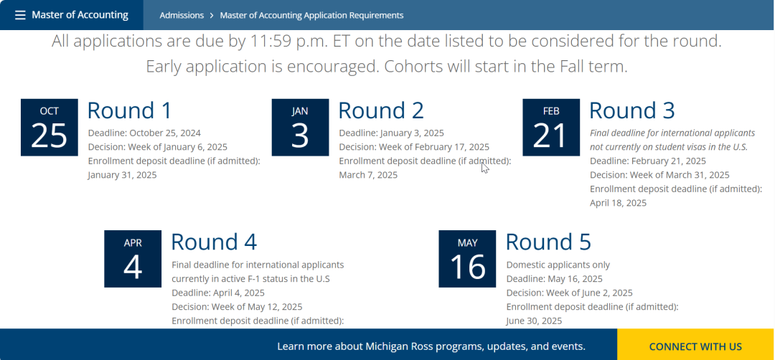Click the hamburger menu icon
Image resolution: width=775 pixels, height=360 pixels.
(x=20, y=15)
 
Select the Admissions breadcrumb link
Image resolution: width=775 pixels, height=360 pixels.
(x=182, y=15)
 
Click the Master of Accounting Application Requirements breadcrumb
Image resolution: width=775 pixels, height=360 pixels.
(x=311, y=15)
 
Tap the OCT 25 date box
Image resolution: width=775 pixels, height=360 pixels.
(x=50, y=128)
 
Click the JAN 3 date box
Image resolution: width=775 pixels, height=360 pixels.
(x=300, y=128)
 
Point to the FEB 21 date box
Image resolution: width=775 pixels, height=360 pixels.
(x=551, y=128)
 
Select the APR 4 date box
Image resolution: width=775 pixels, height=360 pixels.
(x=133, y=259)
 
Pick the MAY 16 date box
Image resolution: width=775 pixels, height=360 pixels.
(x=467, y=259)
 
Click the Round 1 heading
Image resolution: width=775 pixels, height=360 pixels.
(x=129, y=110)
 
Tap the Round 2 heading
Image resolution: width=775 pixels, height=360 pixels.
(x=381, y=110)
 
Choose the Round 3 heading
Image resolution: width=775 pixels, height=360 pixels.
(x=632, y=110)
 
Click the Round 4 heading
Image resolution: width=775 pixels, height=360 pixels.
(x=214, y=242)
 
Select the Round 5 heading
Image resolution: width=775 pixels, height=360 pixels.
(x=549, y=242)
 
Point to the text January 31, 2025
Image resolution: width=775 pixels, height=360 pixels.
(x=122, y=175)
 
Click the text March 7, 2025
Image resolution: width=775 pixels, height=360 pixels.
(x=368, y=175)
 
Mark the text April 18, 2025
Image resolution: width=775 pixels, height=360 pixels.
(x=619, y=203)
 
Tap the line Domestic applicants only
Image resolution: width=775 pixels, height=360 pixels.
(x=558, y=265)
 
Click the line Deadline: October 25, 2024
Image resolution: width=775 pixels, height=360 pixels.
(x=144, y=133)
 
